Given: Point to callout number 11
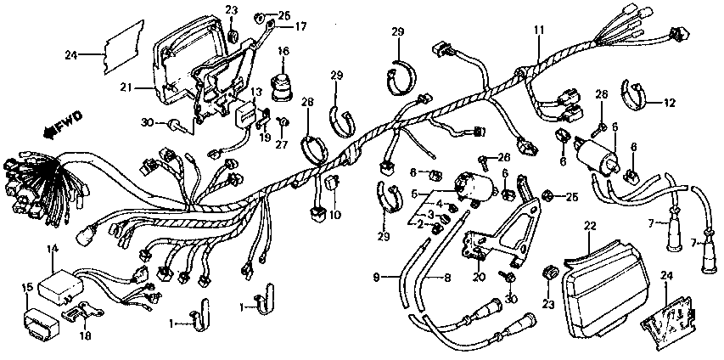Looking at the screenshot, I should (x=538, y=31).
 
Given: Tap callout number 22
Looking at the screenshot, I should (x=591, y=225).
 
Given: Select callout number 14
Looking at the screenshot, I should (x=52, y=249).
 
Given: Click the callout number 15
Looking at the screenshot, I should (x=27, y=287).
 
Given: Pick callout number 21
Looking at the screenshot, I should (x=125, y=87).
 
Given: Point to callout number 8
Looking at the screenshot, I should (x=447, y=277).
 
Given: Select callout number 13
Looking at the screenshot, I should (x=255, y=92).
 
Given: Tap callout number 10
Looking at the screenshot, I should (x=335, y=215).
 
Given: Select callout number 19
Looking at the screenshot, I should (x=265, y=137).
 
